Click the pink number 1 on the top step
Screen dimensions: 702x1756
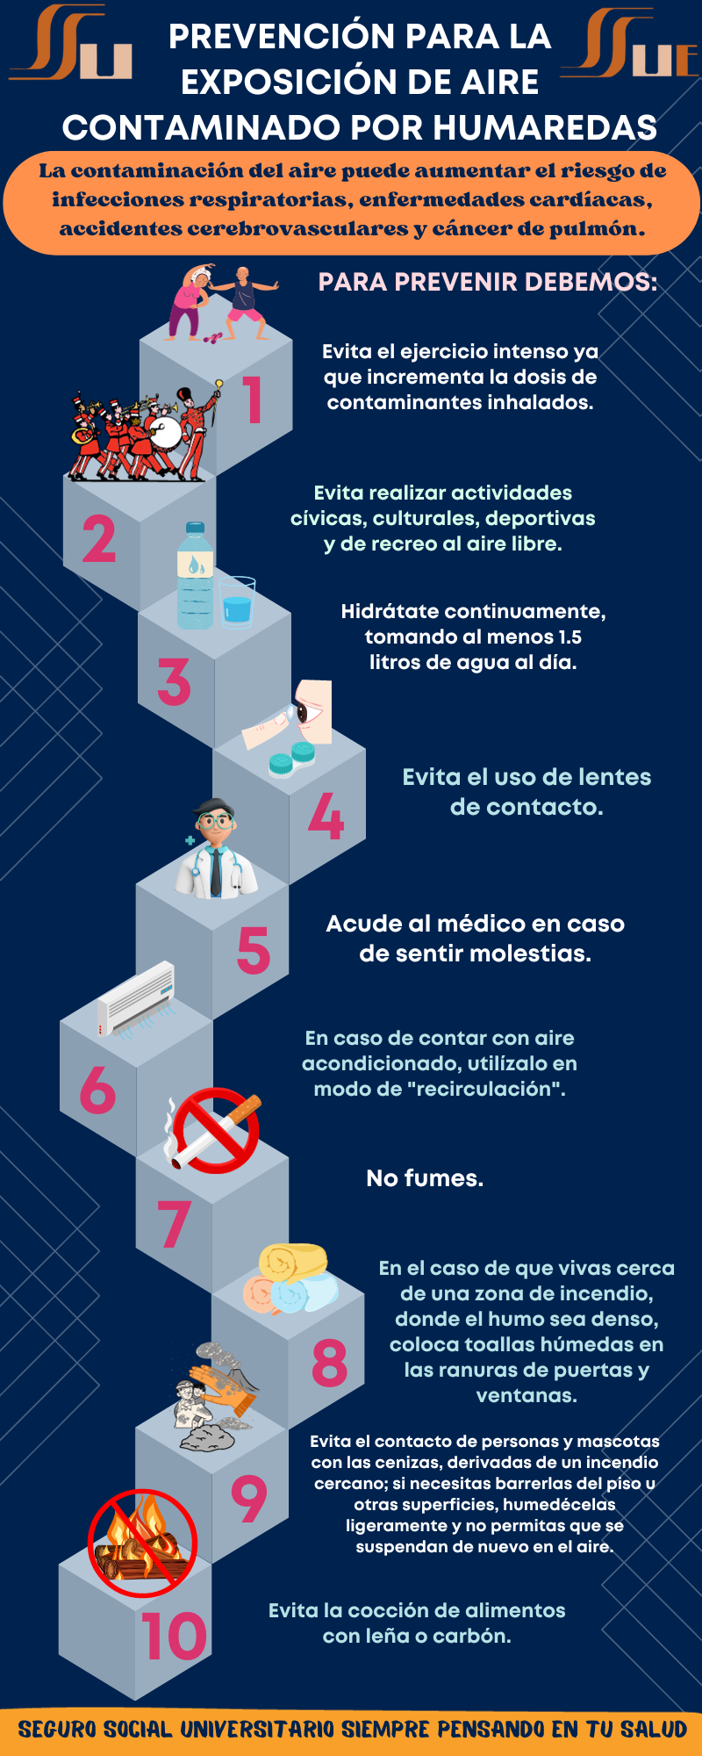click(x=253, y=399)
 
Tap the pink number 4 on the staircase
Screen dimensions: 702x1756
click(x=326, y=816)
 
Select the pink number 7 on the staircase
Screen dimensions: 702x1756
click(x=174, y=1223)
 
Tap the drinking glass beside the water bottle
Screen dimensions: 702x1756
click(x=237, y=602)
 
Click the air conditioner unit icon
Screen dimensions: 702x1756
click(x=136, y=999)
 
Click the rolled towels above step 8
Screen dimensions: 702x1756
click(x=290, y=1278)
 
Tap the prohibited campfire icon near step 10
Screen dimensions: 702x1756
click(x=142, y=1543)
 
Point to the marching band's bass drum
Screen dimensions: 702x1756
click(x=163, y=431)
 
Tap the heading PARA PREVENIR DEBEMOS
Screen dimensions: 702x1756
click(x=488, y=282)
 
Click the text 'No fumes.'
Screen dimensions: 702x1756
click(x=425, y=1178)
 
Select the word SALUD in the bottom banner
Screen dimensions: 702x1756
click(x=653, y=1730)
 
